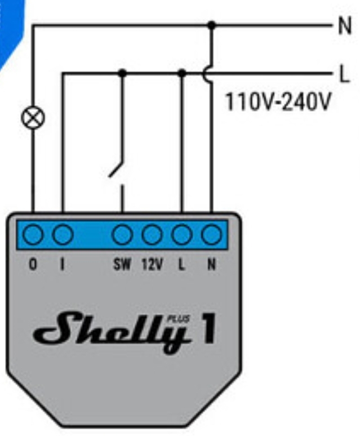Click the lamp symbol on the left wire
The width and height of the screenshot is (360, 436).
[33, 118]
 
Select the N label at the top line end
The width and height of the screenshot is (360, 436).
[345, 25]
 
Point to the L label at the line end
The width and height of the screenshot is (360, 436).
[345, 73]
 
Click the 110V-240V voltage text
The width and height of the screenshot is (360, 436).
[278, 102]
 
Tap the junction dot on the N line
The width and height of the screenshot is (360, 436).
[212, 25]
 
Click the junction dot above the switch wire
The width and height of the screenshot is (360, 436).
[122, 73]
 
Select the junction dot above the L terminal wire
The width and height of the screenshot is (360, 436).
[182, 73]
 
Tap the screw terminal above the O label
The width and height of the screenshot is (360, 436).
[33, 235]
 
